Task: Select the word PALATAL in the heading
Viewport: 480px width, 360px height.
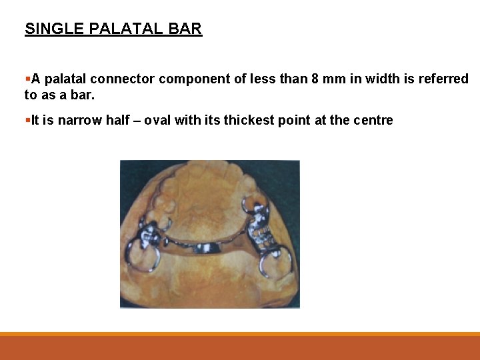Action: coord(123,29)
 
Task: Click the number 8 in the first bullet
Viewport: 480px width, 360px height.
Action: coord(315,79)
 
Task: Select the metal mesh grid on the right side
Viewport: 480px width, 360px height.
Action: coord(261,233)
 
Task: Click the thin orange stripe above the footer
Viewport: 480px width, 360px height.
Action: coord(240,334)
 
